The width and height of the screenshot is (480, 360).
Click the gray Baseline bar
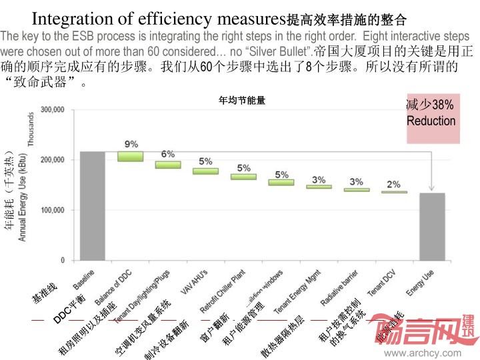92,205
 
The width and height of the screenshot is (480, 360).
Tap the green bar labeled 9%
131,156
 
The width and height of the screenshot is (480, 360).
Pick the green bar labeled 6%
168,165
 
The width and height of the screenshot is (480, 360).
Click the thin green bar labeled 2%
394,192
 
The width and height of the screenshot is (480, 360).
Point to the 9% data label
131,143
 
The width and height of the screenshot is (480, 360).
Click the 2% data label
394,184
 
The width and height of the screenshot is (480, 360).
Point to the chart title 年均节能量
243,101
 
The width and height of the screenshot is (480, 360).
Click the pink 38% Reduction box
433,119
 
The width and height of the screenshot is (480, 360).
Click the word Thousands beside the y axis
30,129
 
